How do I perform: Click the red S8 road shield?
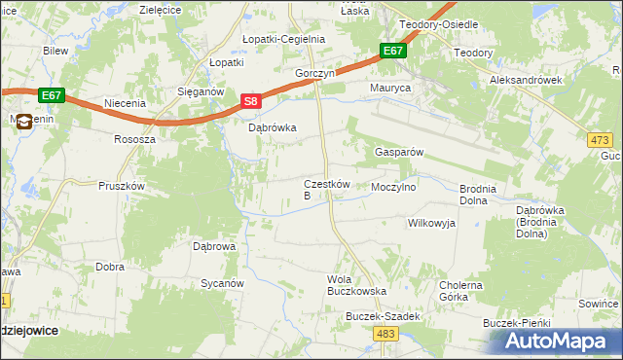click(x=251, y=101)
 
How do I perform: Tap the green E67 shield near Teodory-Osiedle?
click(x=392, y=51)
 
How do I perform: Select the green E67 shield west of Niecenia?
click(x=52, y=94)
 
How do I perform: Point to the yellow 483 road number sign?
click(x=384, y=334)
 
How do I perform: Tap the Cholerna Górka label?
click(x=460, y=291)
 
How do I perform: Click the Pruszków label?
click(x=122, y=186)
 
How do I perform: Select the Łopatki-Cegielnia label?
click(x=283, y=39)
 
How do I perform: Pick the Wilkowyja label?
click(x=431, y=223)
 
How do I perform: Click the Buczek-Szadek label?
click(x=383, y=316)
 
